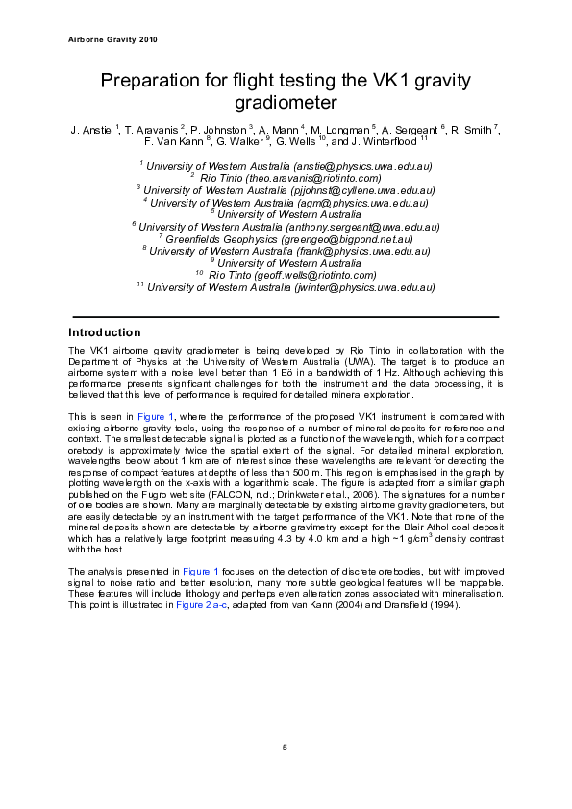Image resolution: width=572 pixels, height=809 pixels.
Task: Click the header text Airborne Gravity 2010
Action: pos(113,40)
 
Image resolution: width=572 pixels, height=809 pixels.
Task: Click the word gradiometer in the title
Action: pos(286,101)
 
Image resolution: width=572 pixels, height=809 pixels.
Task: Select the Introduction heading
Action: pos(105,332)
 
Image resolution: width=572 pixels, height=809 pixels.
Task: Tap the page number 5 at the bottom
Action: pos(285,748)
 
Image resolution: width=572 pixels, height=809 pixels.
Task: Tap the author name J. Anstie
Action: pos(91,130)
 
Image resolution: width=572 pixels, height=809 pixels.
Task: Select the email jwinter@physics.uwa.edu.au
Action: pos(351,286)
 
